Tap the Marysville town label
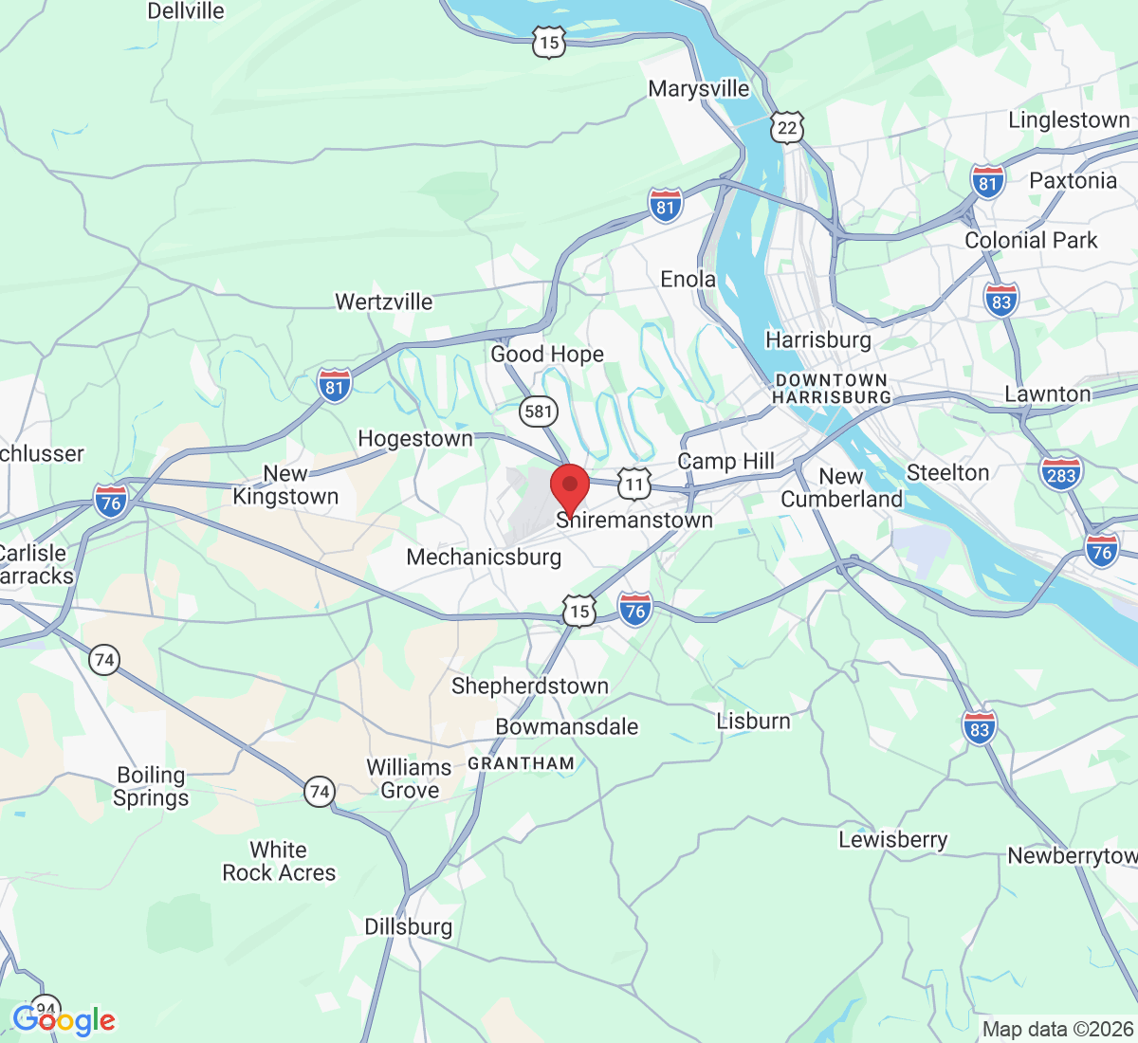coord(699,89)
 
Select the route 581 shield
coord(538,411)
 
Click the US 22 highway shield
coord(787,127)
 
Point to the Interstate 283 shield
coord(1060,474)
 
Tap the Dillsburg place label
coord(409,926)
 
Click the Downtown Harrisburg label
coord(832,389)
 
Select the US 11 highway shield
coord(633,485)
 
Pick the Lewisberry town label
coord(892,839)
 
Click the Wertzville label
coord(384,302)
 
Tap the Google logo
coord(64,1020)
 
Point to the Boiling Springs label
coord(151,786)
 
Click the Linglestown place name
coord(1069,120)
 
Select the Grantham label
coord(521,763)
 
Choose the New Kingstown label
coord(285,485)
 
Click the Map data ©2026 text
coord(1056,1029)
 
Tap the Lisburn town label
coord(753,721)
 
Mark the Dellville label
coord(186,11)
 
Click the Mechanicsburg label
coord(484,557)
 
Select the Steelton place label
coord(947,472)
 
